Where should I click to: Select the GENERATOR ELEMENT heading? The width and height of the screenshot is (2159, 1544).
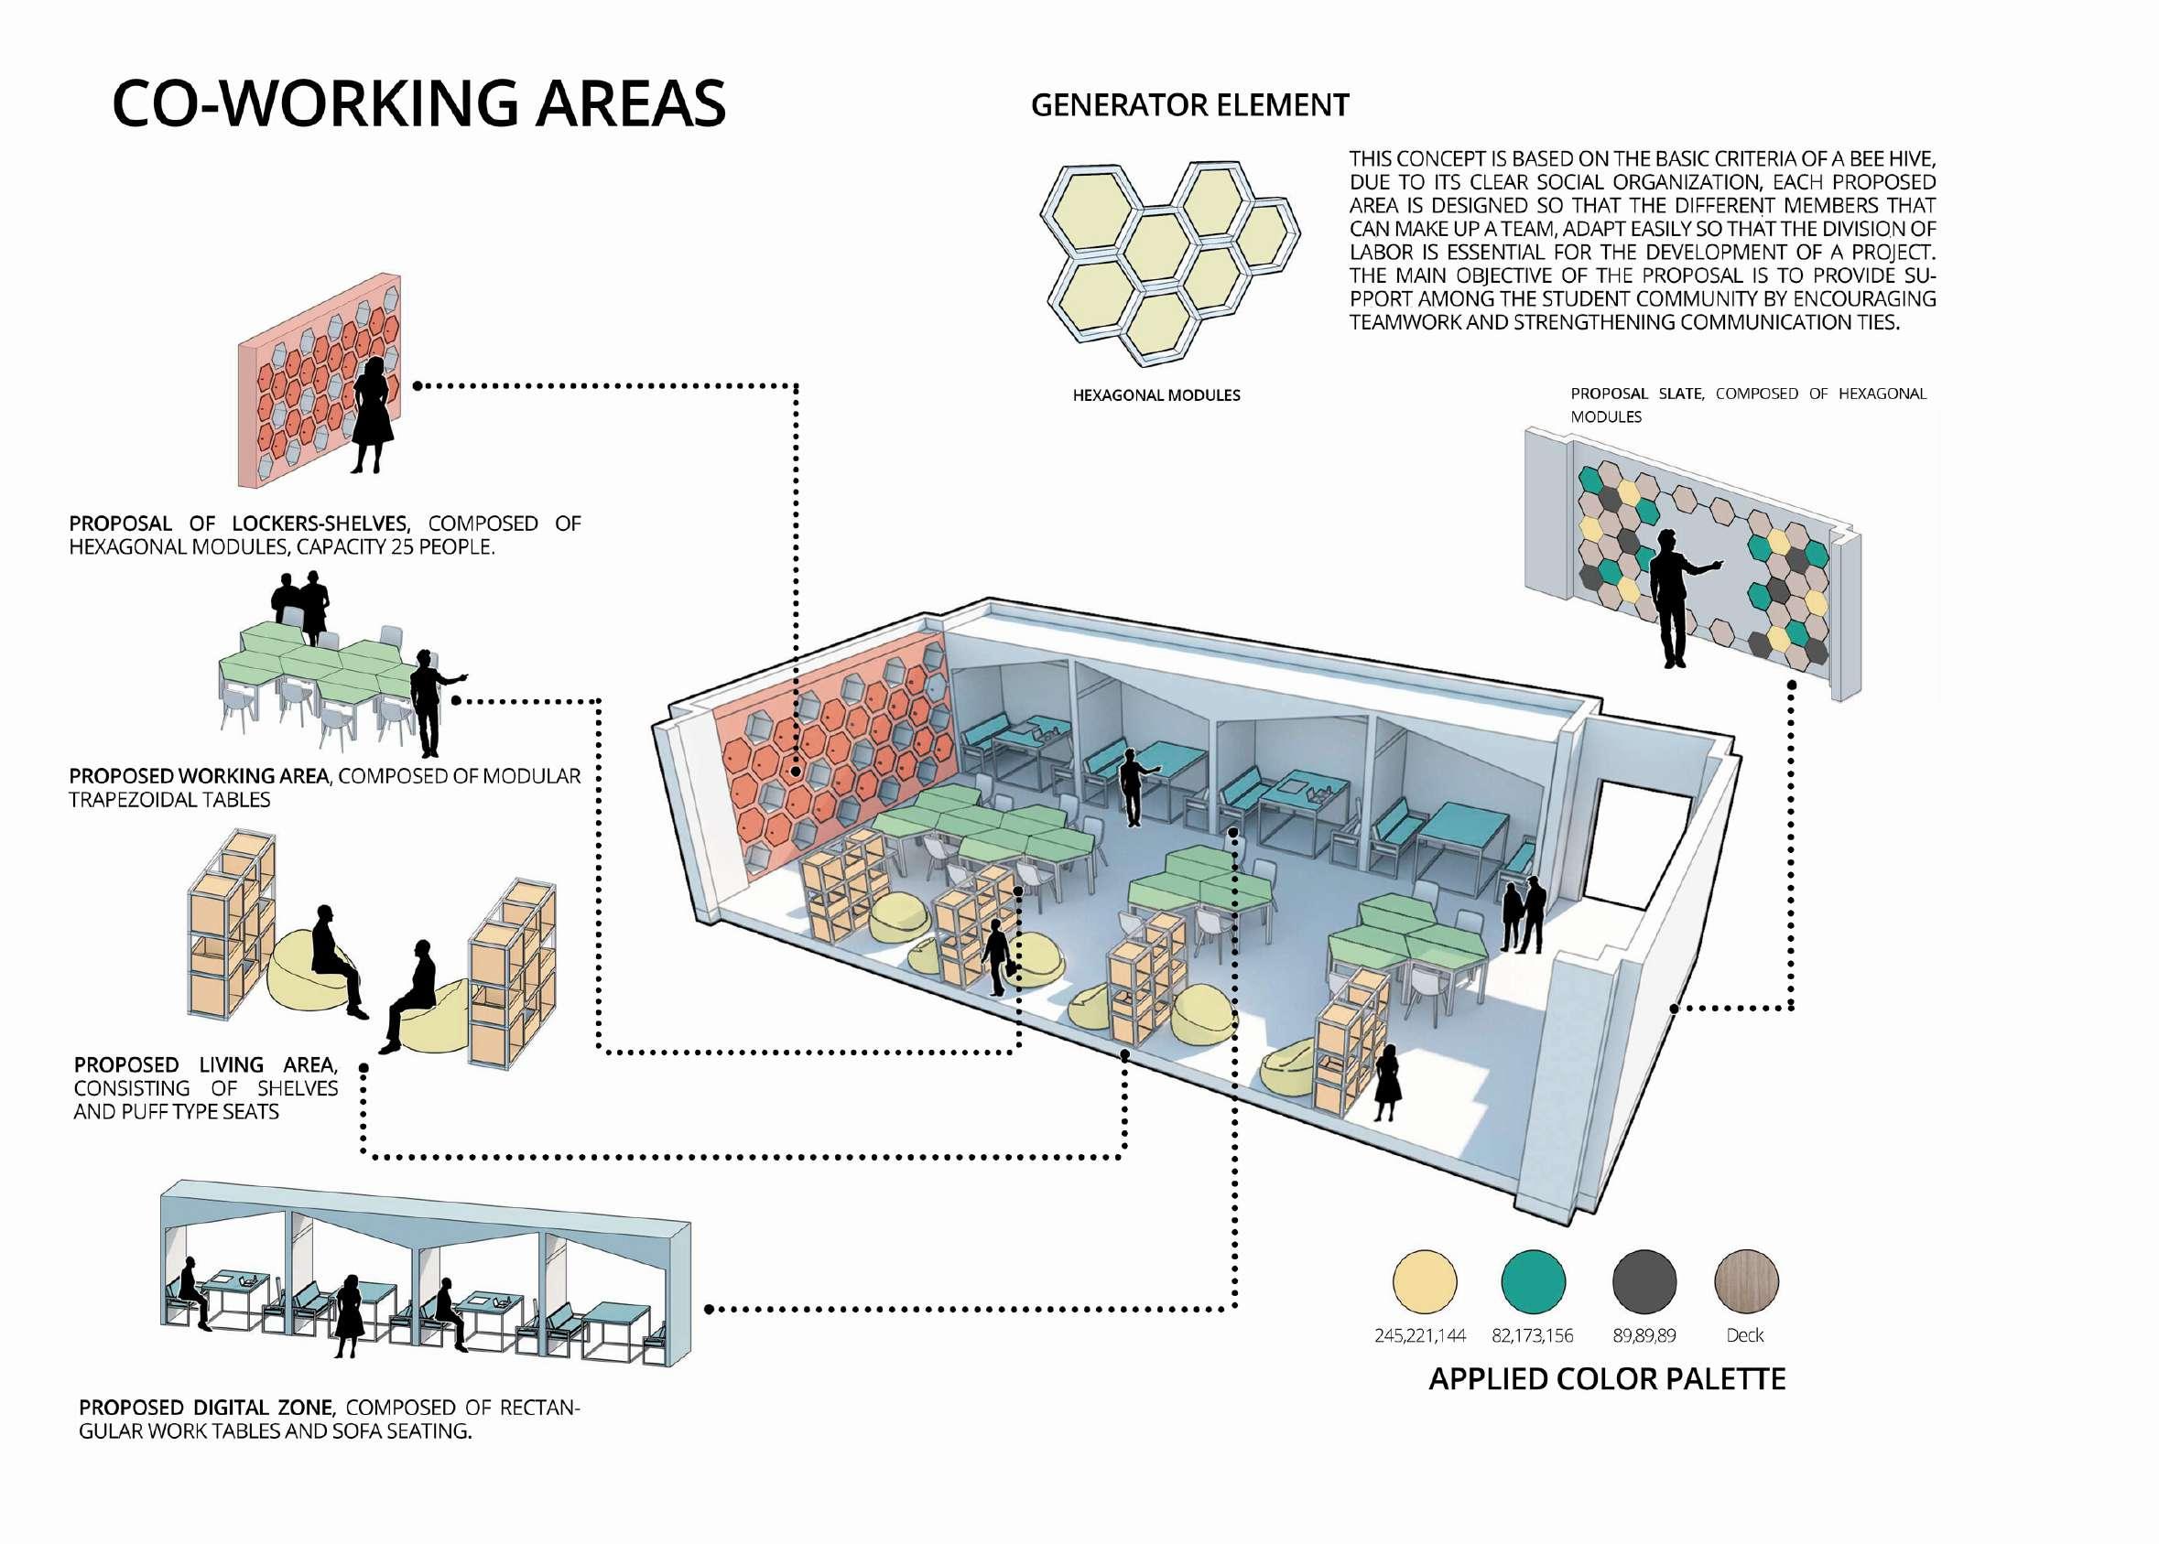tap(1189, 105)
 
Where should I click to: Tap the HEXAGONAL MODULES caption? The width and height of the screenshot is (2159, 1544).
tap(1155, 395)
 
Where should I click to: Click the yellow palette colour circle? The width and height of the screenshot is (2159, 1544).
tap(1424, 1280)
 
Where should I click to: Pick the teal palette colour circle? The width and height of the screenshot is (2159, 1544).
tap(1533, 1280)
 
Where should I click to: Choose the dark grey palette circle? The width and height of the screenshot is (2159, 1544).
tap(1644, 1280)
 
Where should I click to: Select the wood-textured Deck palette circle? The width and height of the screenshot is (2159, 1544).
tap(1745, 1280)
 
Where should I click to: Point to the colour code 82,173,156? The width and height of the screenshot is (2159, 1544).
tap(1532, 1336)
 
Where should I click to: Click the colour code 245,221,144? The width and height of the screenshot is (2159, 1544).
tap(1419, 1336)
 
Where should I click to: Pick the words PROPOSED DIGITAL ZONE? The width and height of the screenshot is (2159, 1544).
tap(206, 1408)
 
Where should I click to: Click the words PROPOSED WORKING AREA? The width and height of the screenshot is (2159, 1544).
tap(199, 777)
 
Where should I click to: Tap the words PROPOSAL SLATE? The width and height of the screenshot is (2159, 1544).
tap(1636, 394)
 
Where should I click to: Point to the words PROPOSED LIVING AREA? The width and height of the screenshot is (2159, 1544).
tap(205, 1065)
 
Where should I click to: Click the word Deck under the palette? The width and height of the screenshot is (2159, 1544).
tap(1744, 1336)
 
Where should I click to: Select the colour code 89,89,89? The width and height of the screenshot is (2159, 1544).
tap(1644, 1336)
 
